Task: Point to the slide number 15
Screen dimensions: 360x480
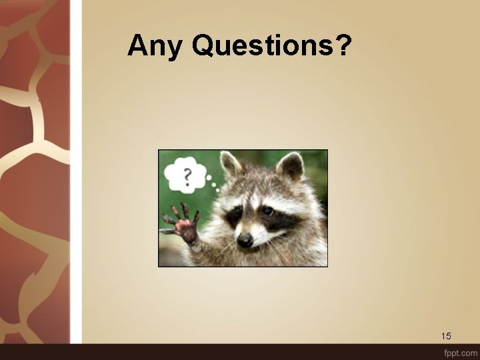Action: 446,335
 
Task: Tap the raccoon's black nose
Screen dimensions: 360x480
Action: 245,239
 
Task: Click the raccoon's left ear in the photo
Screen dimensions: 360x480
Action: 230,163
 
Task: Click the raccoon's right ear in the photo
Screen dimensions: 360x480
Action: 290,166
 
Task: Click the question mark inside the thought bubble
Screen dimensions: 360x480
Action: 187,176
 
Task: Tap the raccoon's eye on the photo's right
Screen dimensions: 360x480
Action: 267,211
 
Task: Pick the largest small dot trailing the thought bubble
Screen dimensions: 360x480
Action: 209,179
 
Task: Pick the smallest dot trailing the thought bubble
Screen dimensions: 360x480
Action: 218,190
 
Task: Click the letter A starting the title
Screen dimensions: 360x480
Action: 137,45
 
